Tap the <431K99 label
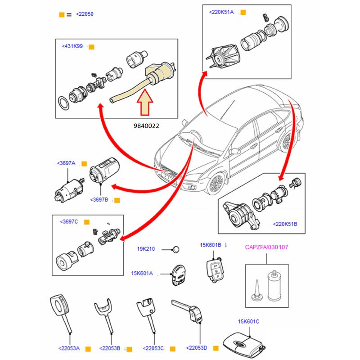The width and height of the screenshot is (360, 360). pyautogui.click(x=72, y=46)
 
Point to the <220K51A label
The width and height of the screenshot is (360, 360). pyautogui.click(x=221, y=12)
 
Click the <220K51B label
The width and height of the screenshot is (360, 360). pyautogui.click(x=285, y=224)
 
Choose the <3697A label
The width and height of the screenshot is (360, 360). pyautogui.click(x=66, y=163)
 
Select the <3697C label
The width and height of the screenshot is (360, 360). pyautogui.click(x=69, y=222)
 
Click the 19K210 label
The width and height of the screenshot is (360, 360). pyautogui.click(x=146, y=249)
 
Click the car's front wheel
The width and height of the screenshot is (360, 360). pyautogui.click(x=216, y=184)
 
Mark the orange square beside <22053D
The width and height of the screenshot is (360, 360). pyautogui.click(x=215, y=348)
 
